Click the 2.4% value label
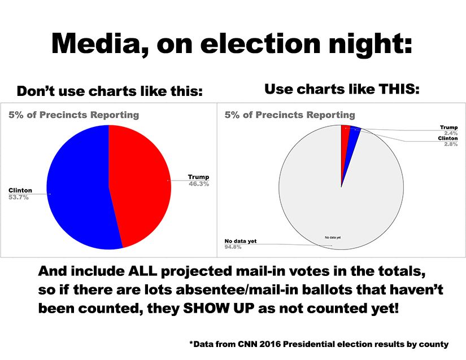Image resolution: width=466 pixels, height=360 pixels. click(450, 133)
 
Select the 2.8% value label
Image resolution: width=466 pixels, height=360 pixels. click(450, 144)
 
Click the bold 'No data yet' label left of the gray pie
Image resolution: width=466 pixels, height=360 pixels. click(237, 241)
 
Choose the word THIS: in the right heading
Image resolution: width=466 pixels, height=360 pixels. click(398, 89)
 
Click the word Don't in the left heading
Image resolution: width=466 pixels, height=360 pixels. click(35, 91)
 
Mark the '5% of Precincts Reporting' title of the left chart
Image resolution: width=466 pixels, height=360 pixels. click(73, 115)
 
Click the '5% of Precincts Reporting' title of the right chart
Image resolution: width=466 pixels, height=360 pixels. click(290, 115)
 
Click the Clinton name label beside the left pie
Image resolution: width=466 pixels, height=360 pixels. click(20, 190)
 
